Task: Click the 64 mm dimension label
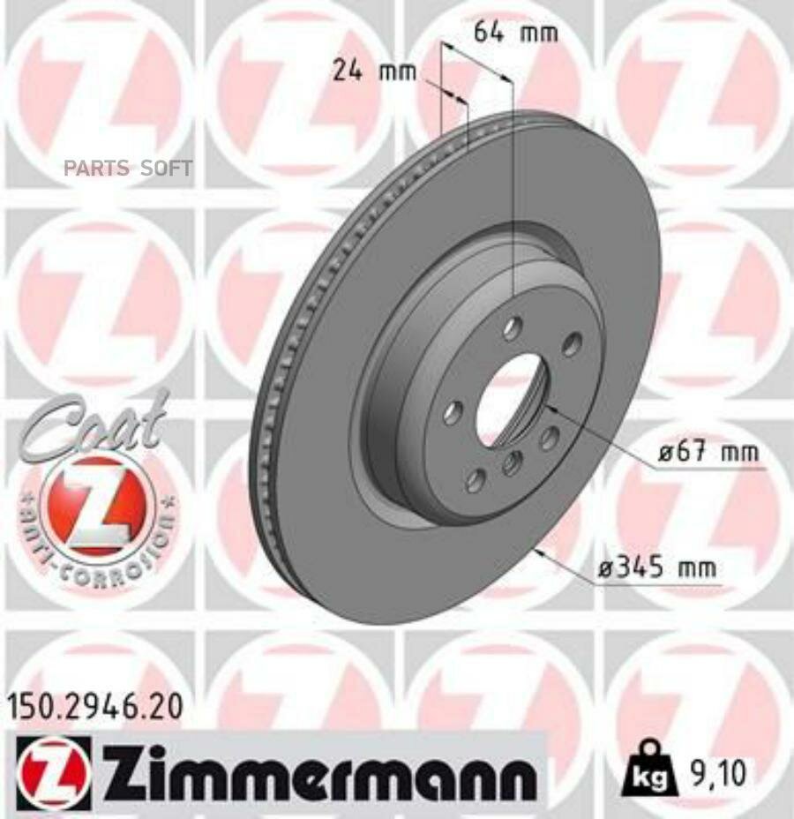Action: (516, 34)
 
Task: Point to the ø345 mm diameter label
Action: (657, 569)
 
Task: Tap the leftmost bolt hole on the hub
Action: (453, 411)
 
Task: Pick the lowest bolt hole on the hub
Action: (476, 480)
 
